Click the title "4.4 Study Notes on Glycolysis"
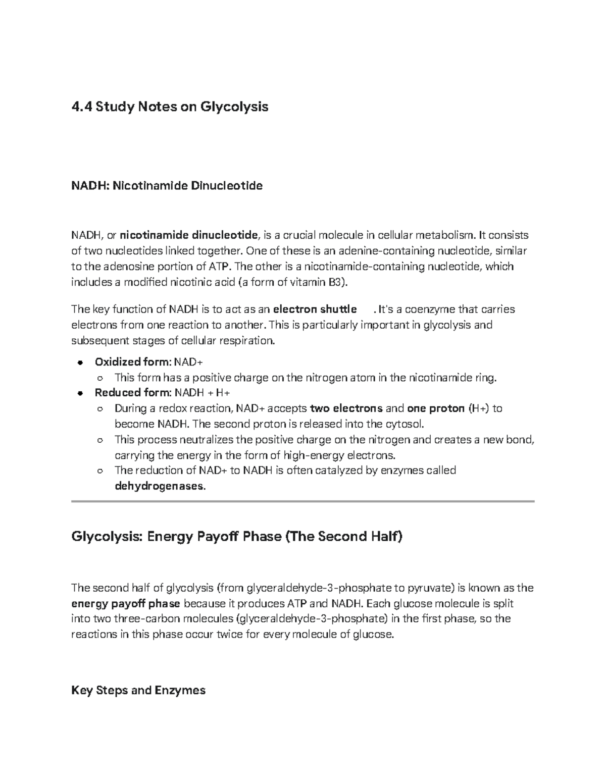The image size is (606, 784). point(170,107)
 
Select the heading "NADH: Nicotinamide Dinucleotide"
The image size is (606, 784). point(167,186)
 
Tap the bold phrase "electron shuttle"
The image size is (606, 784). point(315,309)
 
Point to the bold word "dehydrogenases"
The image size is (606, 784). point(160,487)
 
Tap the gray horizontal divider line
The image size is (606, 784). point(302,501)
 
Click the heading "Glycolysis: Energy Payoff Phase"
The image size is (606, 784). point(237,536)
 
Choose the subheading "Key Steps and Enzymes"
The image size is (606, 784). point(138,690)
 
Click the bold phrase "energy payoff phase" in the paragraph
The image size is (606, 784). point(125,604)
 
